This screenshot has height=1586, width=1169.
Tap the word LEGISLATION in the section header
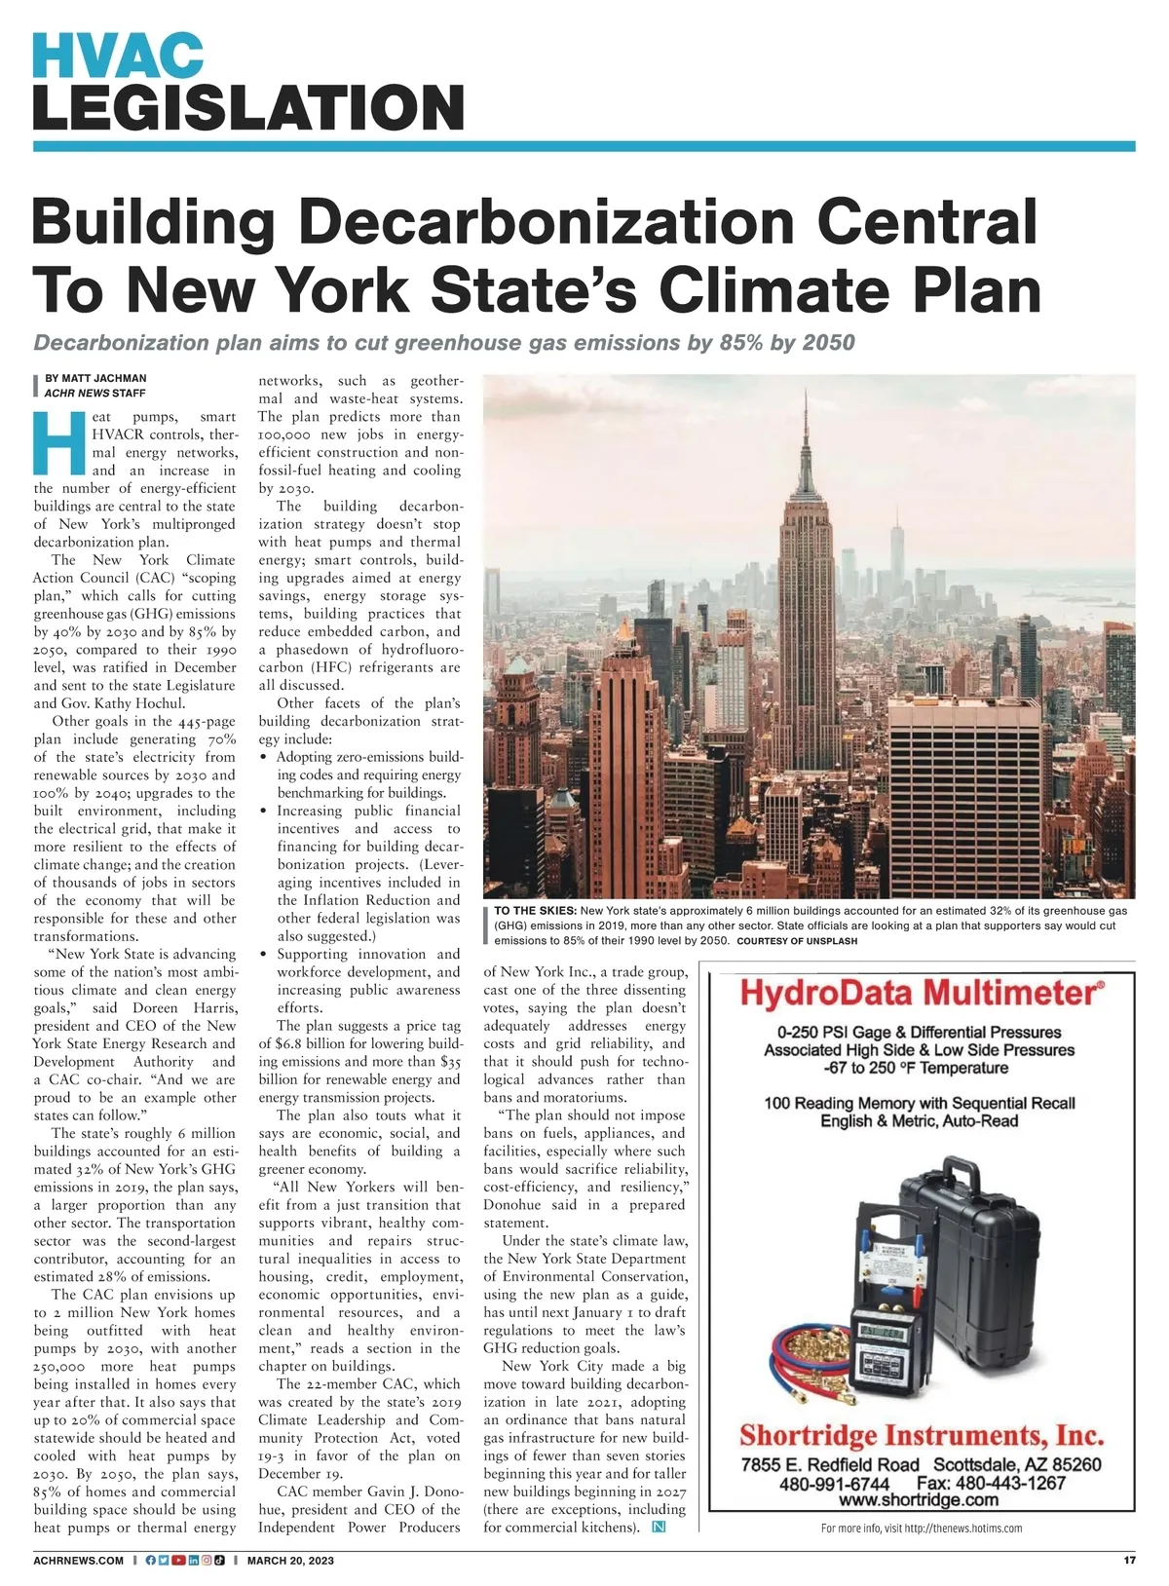[x=247, y=107]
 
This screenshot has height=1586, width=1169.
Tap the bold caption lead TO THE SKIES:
[x=535, y=909]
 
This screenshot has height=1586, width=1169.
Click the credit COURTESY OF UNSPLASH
[x=797, y=941]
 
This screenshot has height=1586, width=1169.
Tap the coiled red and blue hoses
[x=810, y=1348]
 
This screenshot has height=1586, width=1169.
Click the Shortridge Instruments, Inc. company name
[x=922, y=1435]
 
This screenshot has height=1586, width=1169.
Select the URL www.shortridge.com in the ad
[x=922, y=1500]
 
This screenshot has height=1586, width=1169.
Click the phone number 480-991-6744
[x=834, y=1483]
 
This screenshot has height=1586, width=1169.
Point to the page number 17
[x=1129, y=1560]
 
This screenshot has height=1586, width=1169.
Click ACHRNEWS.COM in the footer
[x=79, y=1560]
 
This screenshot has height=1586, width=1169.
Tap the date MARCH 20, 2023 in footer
[x=290, y=1560]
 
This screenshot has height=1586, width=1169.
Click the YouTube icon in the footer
[x=178, y=1560]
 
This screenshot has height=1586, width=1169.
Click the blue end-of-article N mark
[x=659, y=1527]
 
